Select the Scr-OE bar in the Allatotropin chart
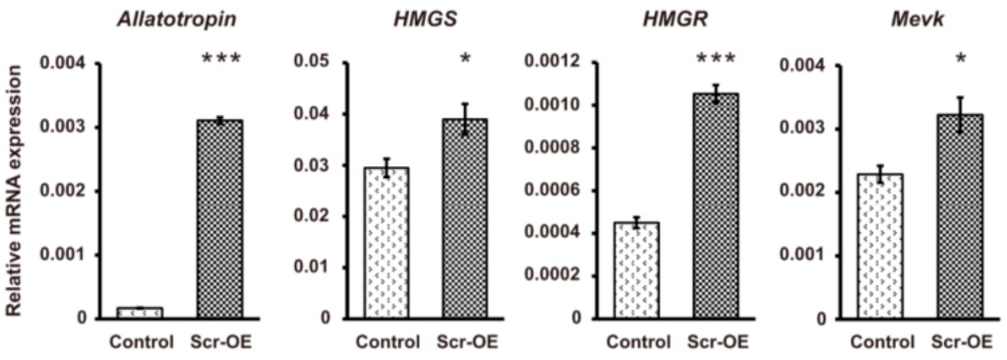point(220,219)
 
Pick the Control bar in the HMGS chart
point(386,243)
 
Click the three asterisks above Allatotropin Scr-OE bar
point(220,60)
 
